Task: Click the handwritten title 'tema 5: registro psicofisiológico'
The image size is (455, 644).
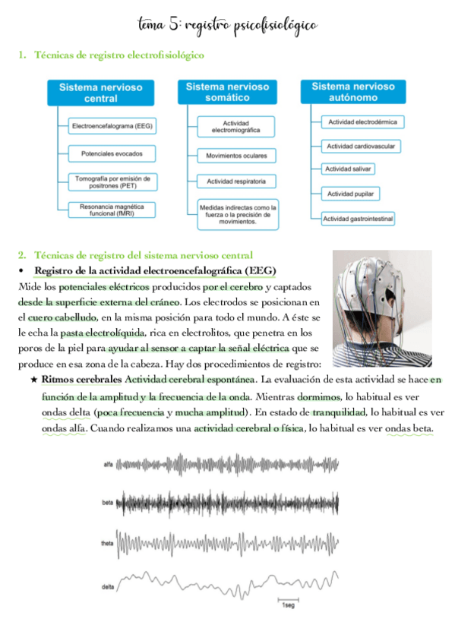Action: click(227, 25)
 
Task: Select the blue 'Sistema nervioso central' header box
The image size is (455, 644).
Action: click(100, 93)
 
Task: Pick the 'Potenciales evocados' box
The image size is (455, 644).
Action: click(111, 153)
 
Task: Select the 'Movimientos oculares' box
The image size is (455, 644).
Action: click(235, 156)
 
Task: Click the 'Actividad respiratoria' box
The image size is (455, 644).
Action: click(235, 182)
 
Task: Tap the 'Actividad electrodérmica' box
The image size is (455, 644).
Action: click(362, 122)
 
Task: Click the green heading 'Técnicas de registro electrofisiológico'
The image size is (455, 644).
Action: click(119, 55)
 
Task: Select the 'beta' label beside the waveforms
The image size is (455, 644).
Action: click(109, 503)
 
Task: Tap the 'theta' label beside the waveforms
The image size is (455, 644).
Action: click(108, 544)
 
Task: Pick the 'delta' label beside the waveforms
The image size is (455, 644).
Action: click(108, 587)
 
